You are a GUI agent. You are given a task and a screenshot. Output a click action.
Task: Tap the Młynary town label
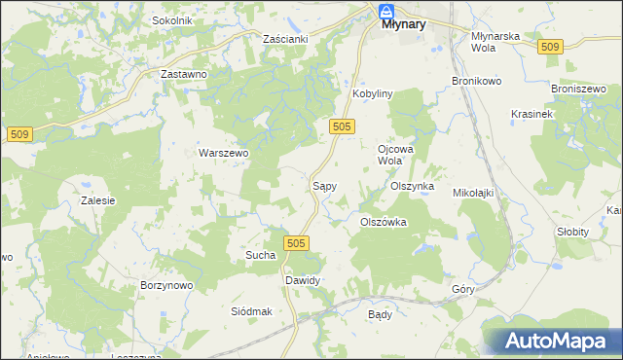click(402, 25)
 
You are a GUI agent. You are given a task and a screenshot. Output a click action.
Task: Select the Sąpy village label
click(324, 184)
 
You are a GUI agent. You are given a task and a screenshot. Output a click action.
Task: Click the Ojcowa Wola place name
click(390, 154)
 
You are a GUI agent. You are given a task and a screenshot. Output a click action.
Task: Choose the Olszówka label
click(383, 222)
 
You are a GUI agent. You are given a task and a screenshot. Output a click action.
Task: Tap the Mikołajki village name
click(473, 193)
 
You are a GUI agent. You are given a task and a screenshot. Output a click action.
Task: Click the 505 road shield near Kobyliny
click(341, 126)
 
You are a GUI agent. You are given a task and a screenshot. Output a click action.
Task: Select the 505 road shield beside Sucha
click(297, 242)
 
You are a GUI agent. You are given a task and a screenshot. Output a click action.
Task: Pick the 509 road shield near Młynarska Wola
click(550, 47)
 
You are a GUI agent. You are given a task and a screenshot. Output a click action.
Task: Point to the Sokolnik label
click(172, 20)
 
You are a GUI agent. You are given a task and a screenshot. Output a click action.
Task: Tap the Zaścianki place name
click(285, 38)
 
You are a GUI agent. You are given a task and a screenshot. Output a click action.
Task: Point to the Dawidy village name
click(302, 280)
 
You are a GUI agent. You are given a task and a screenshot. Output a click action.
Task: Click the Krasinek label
click(531, 114)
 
